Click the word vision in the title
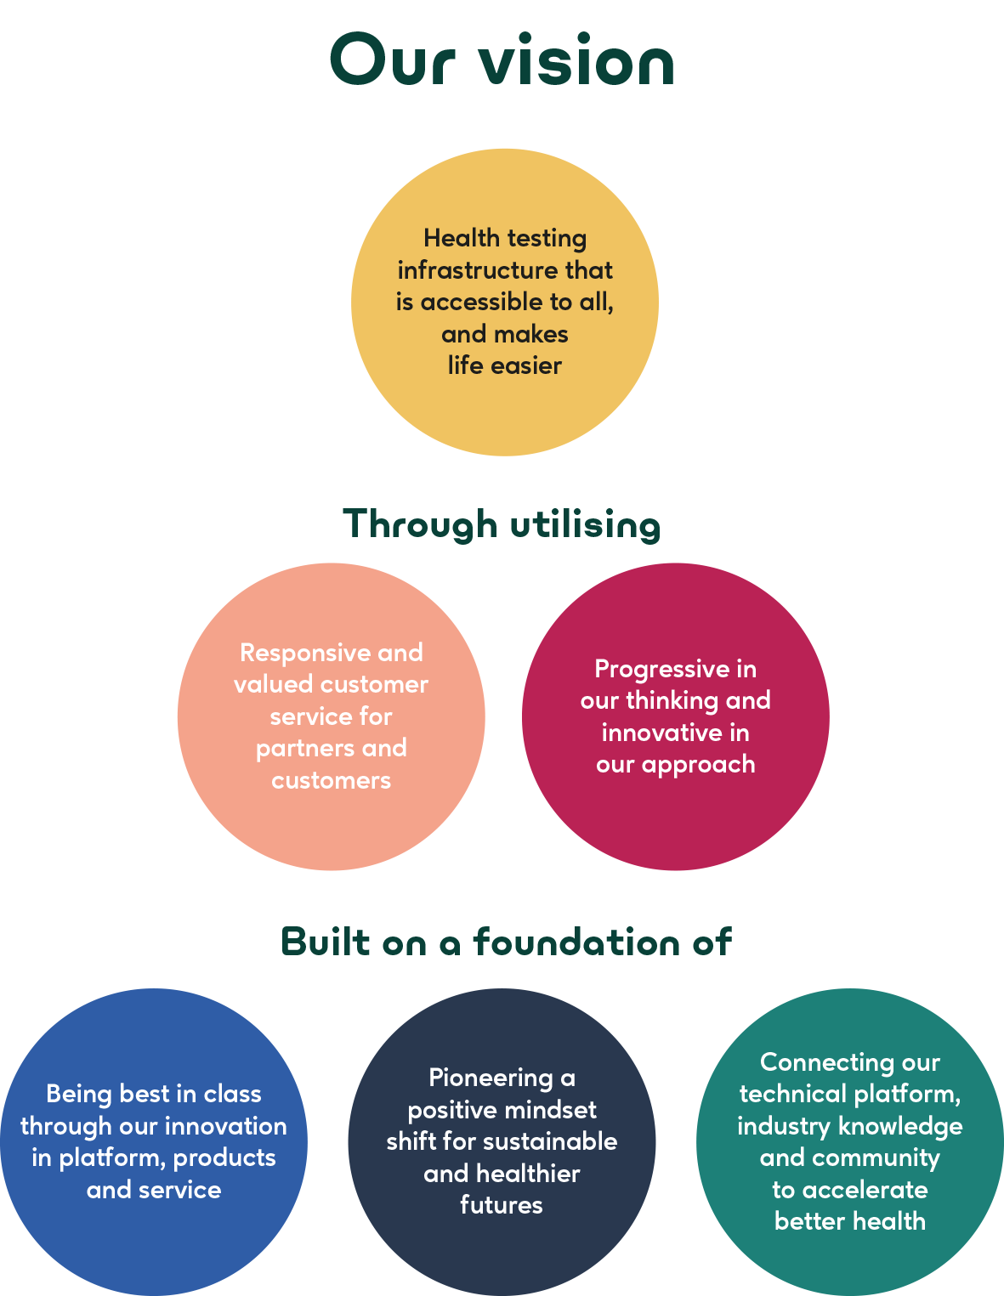click(577, 59)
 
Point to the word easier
click(526, 365)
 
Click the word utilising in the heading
click(585, 525)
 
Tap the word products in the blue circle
click(224, 1158)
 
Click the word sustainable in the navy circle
click(559, 1141)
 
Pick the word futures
click(502, 1205)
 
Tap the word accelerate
click(865, 1190)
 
